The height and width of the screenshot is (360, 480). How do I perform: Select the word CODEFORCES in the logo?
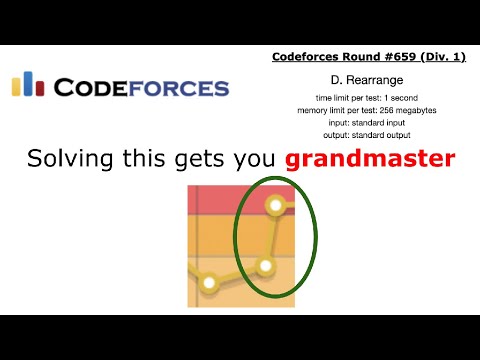point(141,88)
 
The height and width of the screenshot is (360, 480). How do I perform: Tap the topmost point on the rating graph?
point(275,206)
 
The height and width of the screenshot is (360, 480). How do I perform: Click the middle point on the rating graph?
point(264,266)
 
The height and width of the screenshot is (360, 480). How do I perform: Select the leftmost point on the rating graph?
point(209,284)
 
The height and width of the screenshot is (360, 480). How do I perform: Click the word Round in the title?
point(349,57)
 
